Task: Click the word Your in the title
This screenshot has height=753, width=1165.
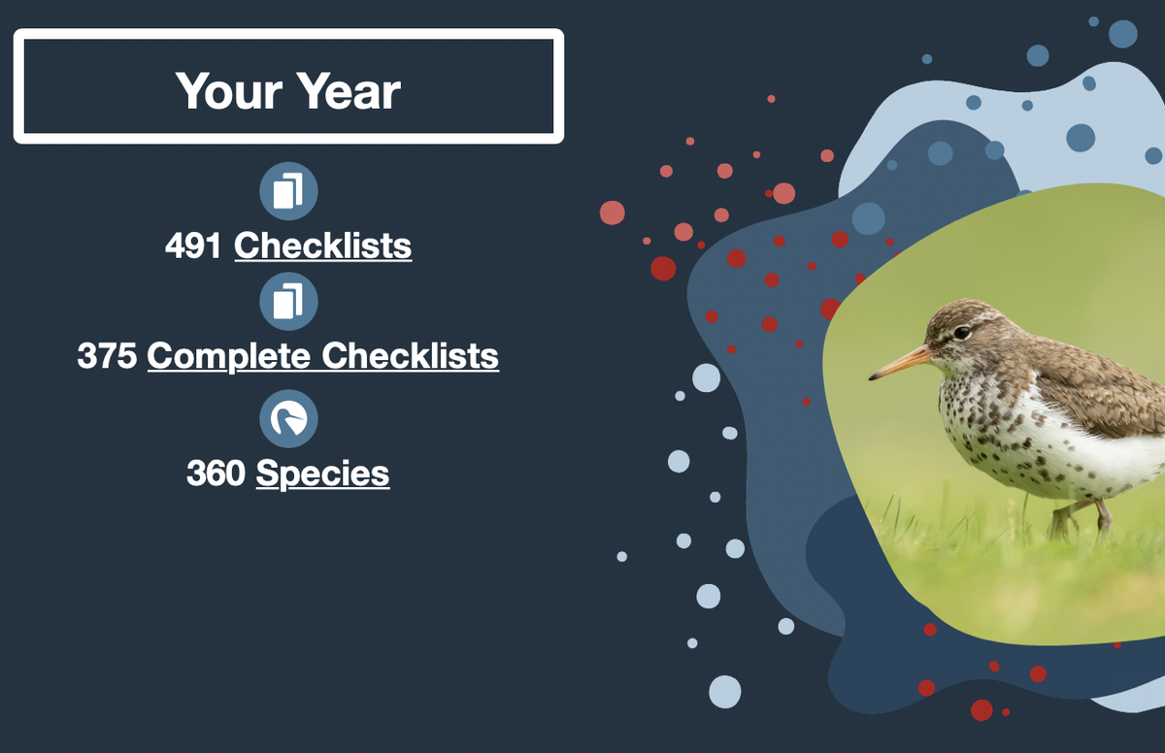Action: pos(229,91)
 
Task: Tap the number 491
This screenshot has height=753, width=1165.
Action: pos(193,246)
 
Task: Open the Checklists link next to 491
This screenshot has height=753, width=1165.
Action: pos(323,246)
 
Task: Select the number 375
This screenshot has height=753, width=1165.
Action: pos(107,356)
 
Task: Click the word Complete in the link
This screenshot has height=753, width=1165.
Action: pos(229,357)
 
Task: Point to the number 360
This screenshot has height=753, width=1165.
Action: pos(216,473)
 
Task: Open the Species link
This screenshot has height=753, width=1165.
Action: pos(322,474)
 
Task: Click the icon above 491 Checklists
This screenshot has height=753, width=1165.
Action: pos(288,191)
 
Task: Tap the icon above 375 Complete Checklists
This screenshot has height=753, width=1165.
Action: pos(288,302)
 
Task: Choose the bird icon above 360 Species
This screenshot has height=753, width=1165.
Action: pos(288,419)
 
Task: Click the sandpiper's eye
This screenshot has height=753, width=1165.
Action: pos(962,332)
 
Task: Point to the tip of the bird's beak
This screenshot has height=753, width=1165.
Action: pos(870,378)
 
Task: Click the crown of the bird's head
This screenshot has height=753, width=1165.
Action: pos(967,308)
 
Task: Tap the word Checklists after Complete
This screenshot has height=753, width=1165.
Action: pos(410,356)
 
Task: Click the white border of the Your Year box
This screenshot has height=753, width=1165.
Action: pos(288,34)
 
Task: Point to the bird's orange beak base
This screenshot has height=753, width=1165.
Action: pos(919,356)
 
